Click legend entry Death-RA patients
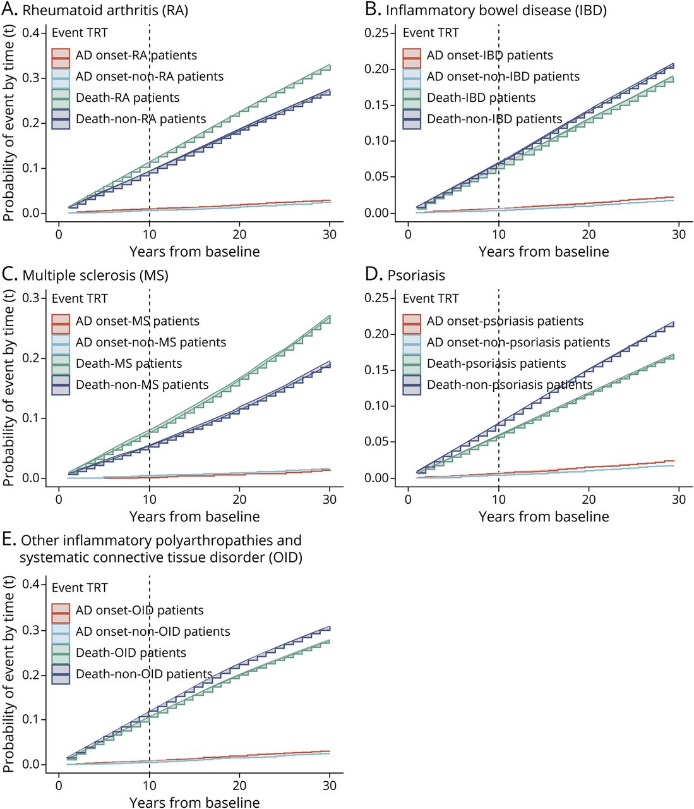[128, 97]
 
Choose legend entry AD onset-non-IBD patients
[503, 76]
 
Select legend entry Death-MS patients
[129, 363]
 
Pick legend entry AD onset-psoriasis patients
[505, 321]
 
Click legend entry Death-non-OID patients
[144, 674]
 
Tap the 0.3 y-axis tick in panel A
[31, 78]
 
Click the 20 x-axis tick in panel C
[239, 499]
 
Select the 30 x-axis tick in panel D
[678, 499]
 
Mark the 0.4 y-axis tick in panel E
[31, 583]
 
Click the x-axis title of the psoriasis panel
[544, 517]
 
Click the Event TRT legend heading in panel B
[431, 33]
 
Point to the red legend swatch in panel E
[61, 612]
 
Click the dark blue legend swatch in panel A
[61, 119]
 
